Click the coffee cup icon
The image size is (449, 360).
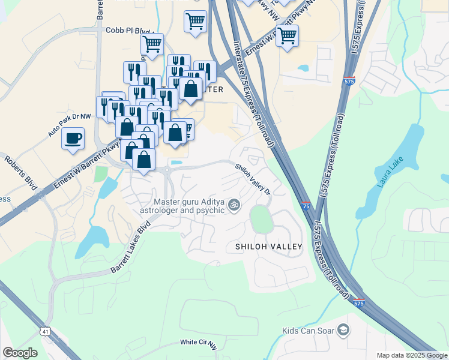pyautogui.click(x=73, y=138)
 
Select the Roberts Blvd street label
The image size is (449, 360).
pyautogui.click(x=20, y=173)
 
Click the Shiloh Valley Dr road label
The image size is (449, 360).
pyautogui.click(x=253, y=179)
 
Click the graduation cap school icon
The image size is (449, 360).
pyautogui.click(x=343, y=330)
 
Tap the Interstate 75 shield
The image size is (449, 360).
pyautogui.click(x=306, y=206)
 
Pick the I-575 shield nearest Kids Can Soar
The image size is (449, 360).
pyautogui.click(x=358, y=304)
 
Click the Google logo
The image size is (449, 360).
pyautogui.click(x=20, y=352)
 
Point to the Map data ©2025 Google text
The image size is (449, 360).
pyautogui.click(x=411, y=355)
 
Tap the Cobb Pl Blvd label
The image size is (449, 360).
pyautogui.click(x=128, y=30)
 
